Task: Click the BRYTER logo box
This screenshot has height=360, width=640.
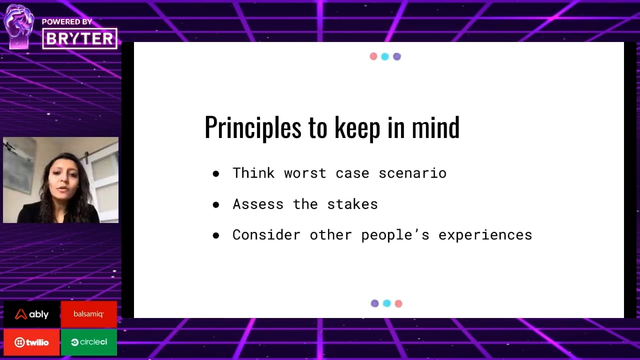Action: [x=79, y=38]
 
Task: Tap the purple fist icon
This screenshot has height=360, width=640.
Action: [x=19, y=26]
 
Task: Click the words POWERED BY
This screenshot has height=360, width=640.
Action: [x=67, y=21]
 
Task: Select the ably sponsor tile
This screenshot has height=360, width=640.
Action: [x=31, y=314]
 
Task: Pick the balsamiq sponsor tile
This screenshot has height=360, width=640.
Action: [x=89, y=314]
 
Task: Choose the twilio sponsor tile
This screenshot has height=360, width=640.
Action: [x=31, y=342]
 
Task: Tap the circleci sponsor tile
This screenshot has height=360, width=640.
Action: [x=89, y=342]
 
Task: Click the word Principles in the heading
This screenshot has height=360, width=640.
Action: [x=253, y=128]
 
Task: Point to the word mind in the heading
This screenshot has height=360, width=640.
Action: [x=435, y=127]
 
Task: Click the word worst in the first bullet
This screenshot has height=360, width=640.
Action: [x=305, y=173]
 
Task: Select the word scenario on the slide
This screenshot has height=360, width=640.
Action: [x=412, y=173]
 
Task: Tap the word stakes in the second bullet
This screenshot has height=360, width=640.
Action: [x=352, y=204]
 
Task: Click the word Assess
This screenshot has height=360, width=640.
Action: [x=258, y=204]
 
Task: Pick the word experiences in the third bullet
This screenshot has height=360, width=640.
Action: [x=485, y=235]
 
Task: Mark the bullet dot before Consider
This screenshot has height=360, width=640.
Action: [x=216, y=235]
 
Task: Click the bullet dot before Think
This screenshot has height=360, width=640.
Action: [x=216, y=173]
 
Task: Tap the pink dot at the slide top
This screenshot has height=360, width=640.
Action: [x=373, y=56]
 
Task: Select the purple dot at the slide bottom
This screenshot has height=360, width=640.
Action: [x=375, y=303]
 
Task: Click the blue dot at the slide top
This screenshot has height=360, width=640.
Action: [x=385, y=56]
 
